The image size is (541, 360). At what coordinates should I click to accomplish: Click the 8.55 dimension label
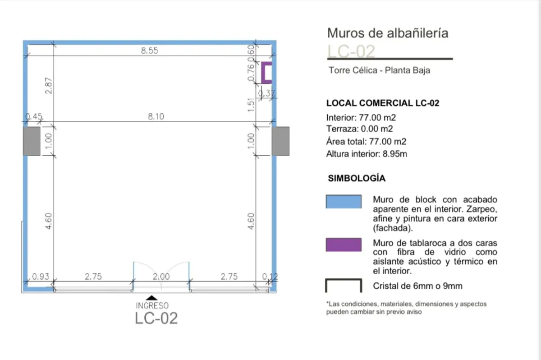[150, 51]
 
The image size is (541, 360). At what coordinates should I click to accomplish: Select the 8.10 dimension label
[156, 117]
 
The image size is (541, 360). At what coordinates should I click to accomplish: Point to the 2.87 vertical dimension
[49, 86]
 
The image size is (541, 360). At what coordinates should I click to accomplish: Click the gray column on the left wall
[32, 141]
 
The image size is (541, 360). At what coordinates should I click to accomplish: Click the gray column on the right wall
[280, 141]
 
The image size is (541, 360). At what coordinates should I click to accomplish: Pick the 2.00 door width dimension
[161, 277]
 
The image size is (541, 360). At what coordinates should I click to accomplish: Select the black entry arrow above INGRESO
[151, 298]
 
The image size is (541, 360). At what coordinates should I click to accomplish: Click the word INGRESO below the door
[152, 305]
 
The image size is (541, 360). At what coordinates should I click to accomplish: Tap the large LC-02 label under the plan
[156, 318]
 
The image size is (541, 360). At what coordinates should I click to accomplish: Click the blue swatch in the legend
[344, 202]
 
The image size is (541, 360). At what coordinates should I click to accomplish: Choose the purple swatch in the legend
[344, 245]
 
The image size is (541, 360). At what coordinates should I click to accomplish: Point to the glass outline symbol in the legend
[344, 280]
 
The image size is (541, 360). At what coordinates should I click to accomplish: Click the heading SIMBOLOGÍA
[357, 178]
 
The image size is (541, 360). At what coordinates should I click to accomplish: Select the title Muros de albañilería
[388, 33]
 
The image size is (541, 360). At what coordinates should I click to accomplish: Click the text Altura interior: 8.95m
[367, 154]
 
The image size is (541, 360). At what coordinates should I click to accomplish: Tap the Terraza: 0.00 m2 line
[360, 129]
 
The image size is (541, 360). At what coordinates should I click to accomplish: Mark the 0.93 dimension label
[41, 277]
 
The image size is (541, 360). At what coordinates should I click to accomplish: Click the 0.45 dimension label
[34, 117]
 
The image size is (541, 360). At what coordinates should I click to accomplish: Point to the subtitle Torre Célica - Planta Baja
[380, 70]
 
